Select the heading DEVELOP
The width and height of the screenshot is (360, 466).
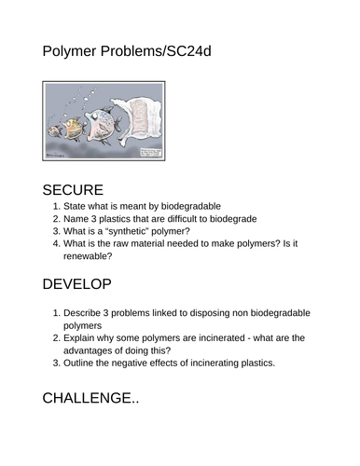(x=77, y=283)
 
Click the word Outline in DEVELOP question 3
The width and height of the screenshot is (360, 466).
(x=82, y=363)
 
